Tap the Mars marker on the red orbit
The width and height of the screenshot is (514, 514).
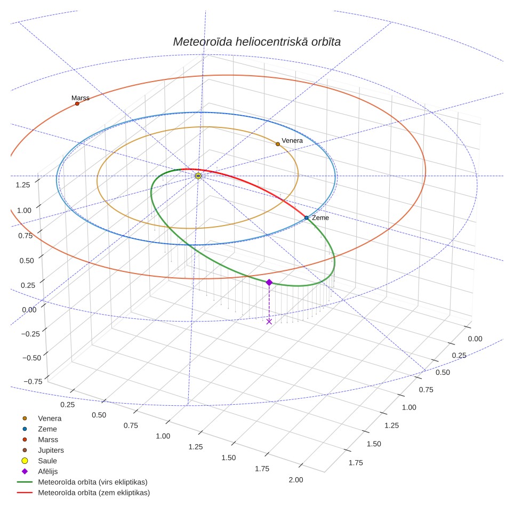(77, 103)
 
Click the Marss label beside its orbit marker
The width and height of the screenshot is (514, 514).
(81, 98)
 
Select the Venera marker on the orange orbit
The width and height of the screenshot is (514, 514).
(278, 144)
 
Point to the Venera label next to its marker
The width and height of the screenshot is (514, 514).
(292, 141)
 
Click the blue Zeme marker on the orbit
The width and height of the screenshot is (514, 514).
(307, 218)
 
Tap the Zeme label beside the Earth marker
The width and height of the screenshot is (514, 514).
(320, 218)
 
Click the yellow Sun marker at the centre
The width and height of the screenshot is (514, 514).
(198, 176)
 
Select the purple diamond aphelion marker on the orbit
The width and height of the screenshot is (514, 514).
(269, 282)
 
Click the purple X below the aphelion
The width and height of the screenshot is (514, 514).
(269, 322)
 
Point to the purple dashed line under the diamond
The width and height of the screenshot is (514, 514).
(269, 302)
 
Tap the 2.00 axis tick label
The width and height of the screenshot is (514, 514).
(296, 479)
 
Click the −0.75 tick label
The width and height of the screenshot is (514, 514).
(33, 381)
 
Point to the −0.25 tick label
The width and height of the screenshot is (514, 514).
(30, 334)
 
